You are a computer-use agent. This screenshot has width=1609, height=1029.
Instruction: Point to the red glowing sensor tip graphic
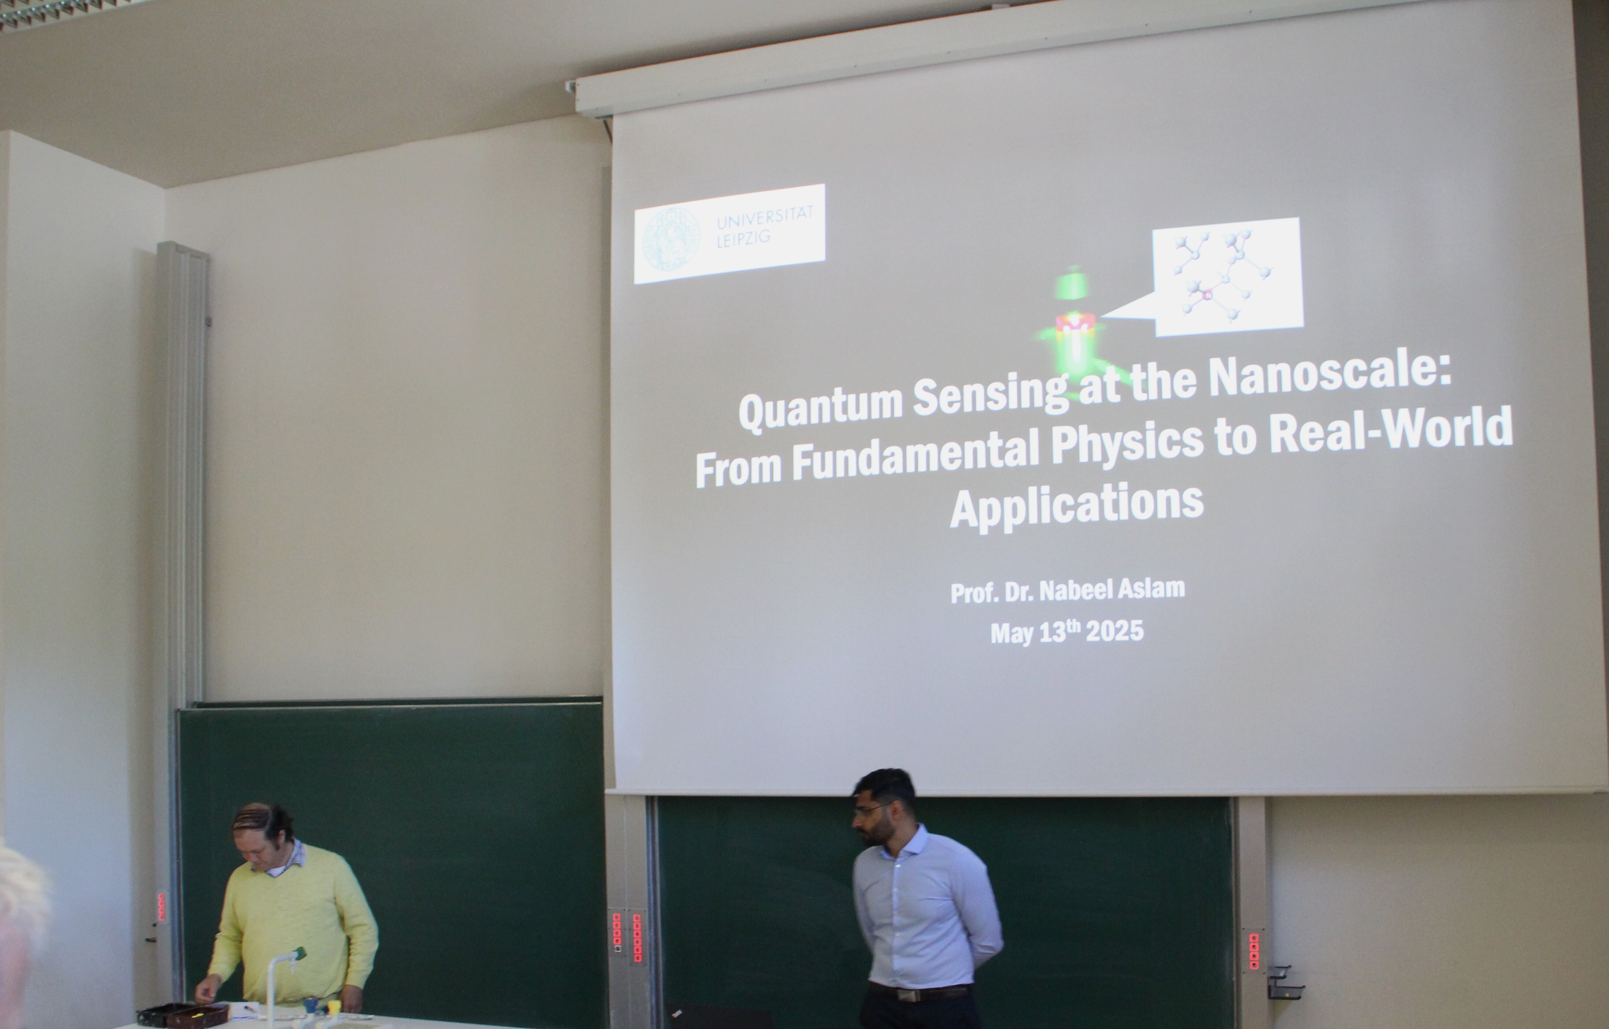(x=1075, y=324)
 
